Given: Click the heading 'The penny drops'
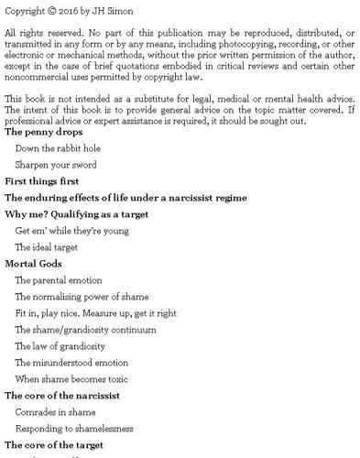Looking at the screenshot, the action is (x=43, y=132).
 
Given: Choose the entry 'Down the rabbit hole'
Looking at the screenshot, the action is (x=59, y=147).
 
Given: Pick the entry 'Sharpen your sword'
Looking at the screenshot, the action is (x=56, y=164).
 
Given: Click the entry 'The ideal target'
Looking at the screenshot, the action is (x=47, y=247).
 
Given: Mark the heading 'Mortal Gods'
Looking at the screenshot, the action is (x=33, y=264).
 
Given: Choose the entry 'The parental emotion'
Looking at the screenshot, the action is (x=59, y=280).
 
